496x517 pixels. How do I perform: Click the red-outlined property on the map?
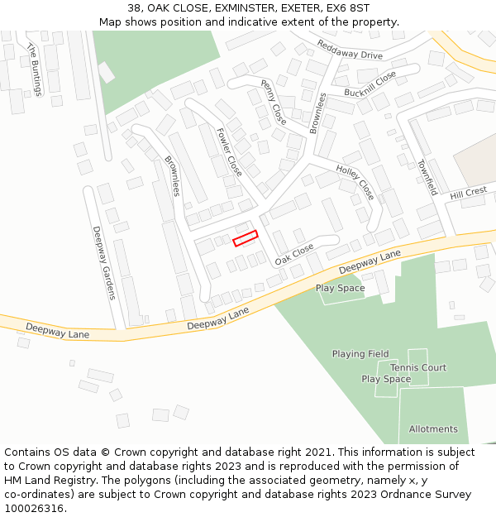[x=246, y=238]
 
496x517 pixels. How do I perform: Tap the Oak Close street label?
[x=294, y=254]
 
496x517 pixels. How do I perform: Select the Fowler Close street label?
[x=229, y=151]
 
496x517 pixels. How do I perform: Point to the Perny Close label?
[x=274, y=103]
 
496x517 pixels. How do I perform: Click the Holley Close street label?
[x=355, y=182]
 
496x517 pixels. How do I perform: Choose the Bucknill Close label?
[x=370, y=82]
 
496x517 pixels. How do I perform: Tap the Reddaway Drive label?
[x=350, y=50]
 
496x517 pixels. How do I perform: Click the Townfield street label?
[x=426, y=176]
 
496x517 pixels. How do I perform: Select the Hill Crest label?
[x=469, y=193]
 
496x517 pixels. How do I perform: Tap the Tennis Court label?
[x=418, y=367]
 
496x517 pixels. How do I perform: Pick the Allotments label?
[x=433, y=429]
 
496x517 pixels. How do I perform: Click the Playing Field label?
[x=360, y=354]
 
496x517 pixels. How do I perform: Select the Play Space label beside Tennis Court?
[x=386, y=379]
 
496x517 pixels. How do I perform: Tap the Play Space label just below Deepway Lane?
[x=340, y=288]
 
